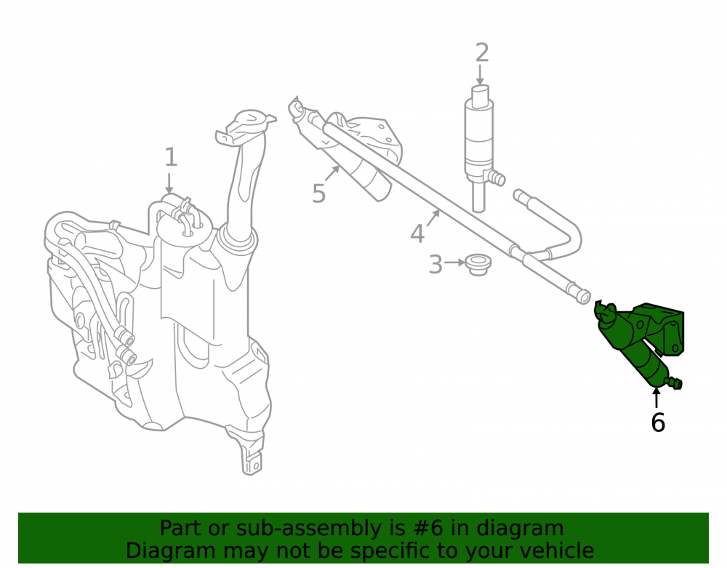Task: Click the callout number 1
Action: coord(171,157)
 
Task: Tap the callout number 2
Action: coord(482,52)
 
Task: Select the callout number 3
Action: coord(435,264)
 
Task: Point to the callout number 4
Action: coord(417,233)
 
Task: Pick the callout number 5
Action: coord(319,193)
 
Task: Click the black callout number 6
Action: coord(658,423)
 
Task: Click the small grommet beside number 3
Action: coord(478,264)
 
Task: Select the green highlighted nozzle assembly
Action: coord(639,344)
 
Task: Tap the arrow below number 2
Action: coord(481,75)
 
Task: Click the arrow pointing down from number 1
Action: coord(169,183)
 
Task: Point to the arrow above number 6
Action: coord(656,397)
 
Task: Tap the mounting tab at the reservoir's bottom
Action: coord(252,462)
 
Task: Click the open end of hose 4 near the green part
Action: coord(584,296)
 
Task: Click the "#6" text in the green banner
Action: coord(427,528)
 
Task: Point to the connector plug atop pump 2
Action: coord(481,97)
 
